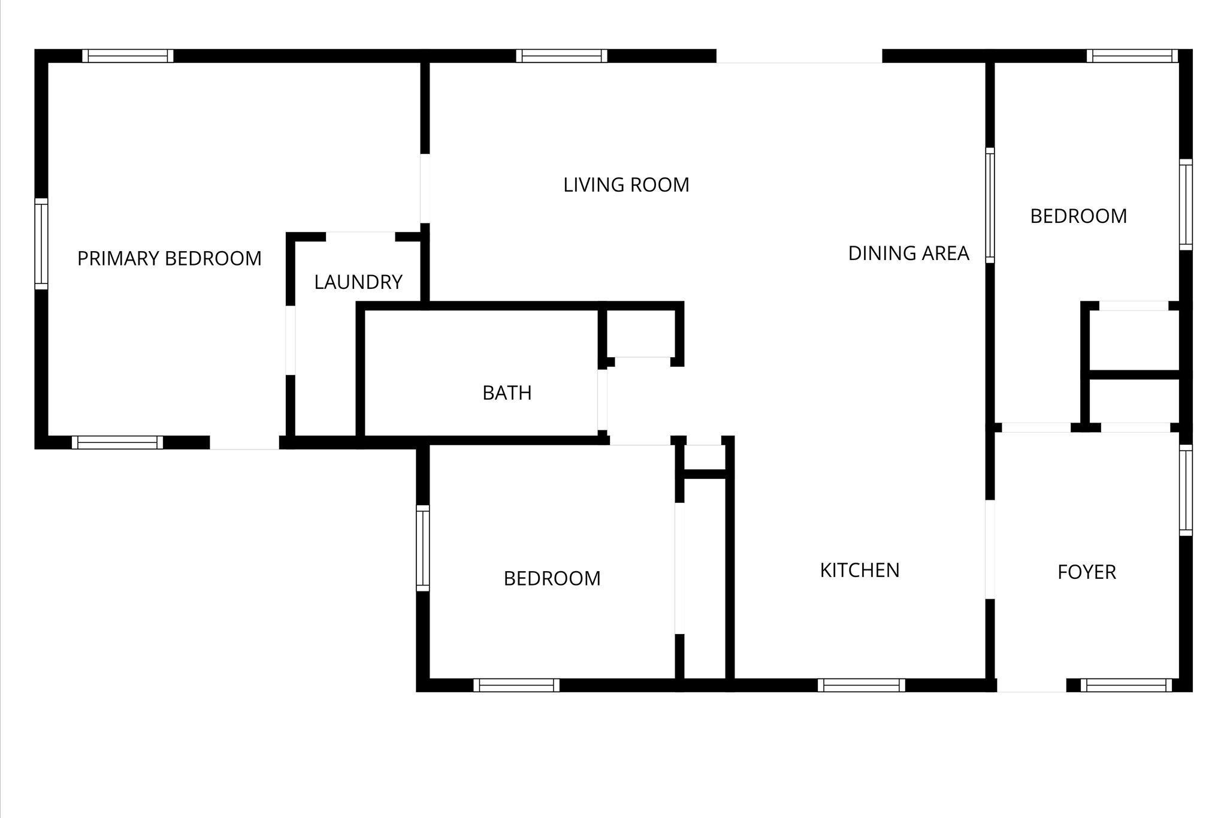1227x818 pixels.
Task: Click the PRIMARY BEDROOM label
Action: click(170, 258)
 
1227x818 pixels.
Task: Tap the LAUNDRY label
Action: click(358, 282)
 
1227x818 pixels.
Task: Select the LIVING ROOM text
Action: click(626, 185)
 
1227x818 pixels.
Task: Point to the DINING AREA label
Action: click(908, 253)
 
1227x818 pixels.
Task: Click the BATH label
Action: click(507, 393)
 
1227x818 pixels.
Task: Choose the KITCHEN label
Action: click(860, 570)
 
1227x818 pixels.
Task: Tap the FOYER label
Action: click(1087, 572)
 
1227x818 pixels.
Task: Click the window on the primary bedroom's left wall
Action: click(41, 244)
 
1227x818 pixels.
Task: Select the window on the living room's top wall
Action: click(561, 56)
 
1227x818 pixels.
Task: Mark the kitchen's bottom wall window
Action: click(862, 685)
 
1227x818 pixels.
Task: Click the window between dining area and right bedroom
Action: click(990, 205)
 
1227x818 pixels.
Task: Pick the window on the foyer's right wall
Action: click(1186, 490)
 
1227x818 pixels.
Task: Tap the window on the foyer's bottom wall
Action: click(1126, 685)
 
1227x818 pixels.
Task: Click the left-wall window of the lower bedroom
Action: click(423, 548)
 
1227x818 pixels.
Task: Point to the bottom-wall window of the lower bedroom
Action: click(516, 685)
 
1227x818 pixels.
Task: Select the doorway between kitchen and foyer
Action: click(990, 549)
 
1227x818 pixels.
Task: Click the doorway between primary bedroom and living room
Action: click(425, 189)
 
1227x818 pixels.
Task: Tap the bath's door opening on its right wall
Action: click(602, 400)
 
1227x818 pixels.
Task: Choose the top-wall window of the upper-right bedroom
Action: click(1132, 56)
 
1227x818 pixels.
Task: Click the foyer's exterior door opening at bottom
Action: click(1032, 685)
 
